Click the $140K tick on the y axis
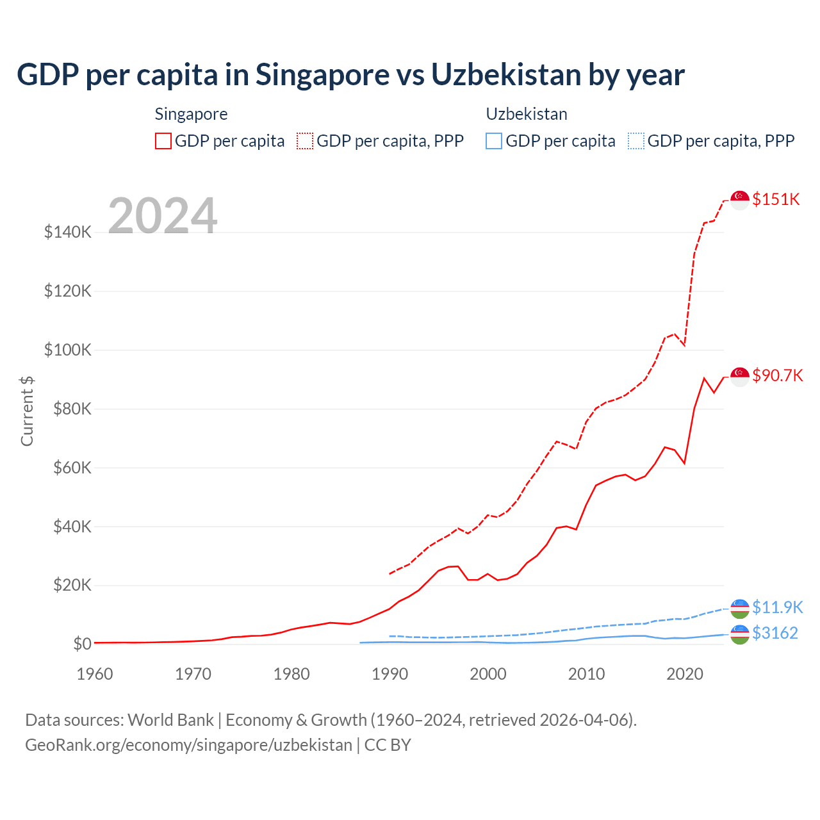[68, 232]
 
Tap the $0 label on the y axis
[82, 644]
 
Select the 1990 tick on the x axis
[389, 674]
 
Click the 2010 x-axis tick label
[586, 674]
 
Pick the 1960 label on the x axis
[95, 674]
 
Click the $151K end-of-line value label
[776, 199]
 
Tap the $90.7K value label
[777, 375]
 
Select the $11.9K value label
[777, 607]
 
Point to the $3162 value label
[775, 633]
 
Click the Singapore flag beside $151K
[740, 200]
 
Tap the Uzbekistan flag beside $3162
[740, 634]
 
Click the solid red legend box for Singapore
[163, 141]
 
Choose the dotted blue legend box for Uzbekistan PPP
[636, 141]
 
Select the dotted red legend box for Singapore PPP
[305, 141]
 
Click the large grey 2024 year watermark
[163, 216]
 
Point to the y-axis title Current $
[27, 411]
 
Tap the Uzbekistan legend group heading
[527, 114]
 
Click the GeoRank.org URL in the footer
[188, 745]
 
